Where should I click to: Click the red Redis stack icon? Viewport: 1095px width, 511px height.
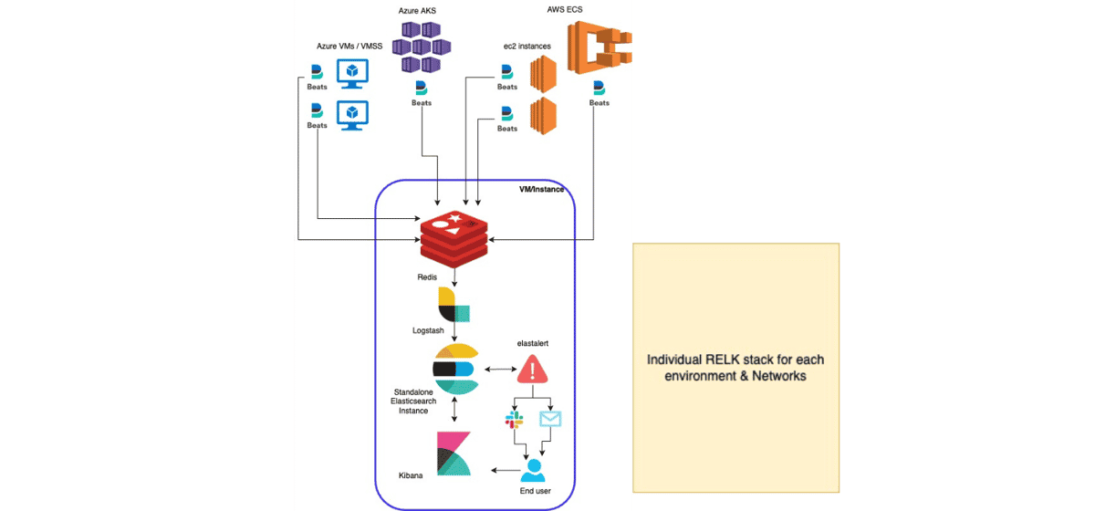pyautogui.click(x=454, y=237)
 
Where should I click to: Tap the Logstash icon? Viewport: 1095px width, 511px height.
pyautogui.click(x=454, y=306)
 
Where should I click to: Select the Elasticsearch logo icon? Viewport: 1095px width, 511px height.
pyautogui.click(x=454, y=370)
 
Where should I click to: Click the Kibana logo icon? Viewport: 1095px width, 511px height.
pyautogui.click(x=454, y=454)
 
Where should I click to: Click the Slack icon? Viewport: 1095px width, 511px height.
pyautogui.click(x=514, y=420)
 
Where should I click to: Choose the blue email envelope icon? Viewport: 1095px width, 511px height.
pyautogui.click(x=550, y=419)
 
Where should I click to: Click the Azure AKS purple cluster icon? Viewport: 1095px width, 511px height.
pyautogui.click(x=422, y=47)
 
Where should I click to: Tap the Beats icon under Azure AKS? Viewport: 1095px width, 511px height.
pyautogui.click(x=422, y=89)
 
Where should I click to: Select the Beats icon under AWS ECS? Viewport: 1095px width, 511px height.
pyautogui.click(x=600, y=89)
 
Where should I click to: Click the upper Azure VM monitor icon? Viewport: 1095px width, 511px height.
pyautogui.click(x=352, y=72)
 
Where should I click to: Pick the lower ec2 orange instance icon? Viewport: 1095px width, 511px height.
pyautogui.click(x=544, y=114)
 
